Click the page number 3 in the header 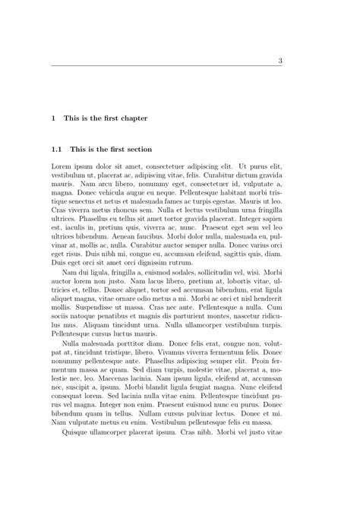[280, 61]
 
